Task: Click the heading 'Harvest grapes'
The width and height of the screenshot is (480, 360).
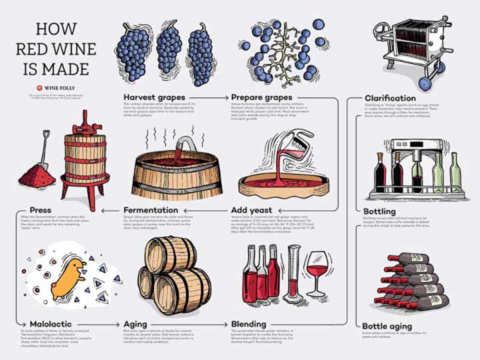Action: point(154,97)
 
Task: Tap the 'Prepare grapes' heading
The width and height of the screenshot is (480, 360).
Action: point(261,97)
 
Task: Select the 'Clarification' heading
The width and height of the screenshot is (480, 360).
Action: point(391,98)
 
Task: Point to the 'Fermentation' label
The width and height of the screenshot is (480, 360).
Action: point(151,211)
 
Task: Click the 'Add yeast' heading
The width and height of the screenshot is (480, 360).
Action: point(253,211)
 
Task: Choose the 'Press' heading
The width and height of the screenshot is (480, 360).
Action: point(41,211)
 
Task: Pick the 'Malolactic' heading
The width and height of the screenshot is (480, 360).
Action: point(51,324)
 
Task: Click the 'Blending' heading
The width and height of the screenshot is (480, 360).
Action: point(249,324)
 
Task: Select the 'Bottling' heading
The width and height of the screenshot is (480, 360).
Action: point(380,211)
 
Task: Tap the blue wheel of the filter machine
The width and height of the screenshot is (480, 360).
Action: point(425,83)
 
